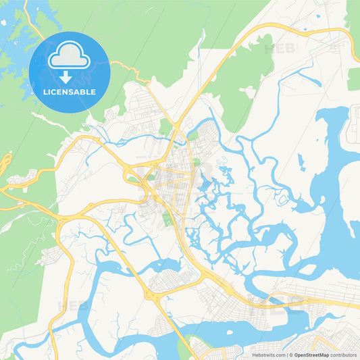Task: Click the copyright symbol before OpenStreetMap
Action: pyautogui.click(x=291, y=354)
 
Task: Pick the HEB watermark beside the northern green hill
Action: pyautogui.click(x=279, y=49)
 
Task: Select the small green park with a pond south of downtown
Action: pyautogui.click(x=167, y=218)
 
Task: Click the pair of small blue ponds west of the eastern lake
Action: pyautogui.click(x=301, y=161)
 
